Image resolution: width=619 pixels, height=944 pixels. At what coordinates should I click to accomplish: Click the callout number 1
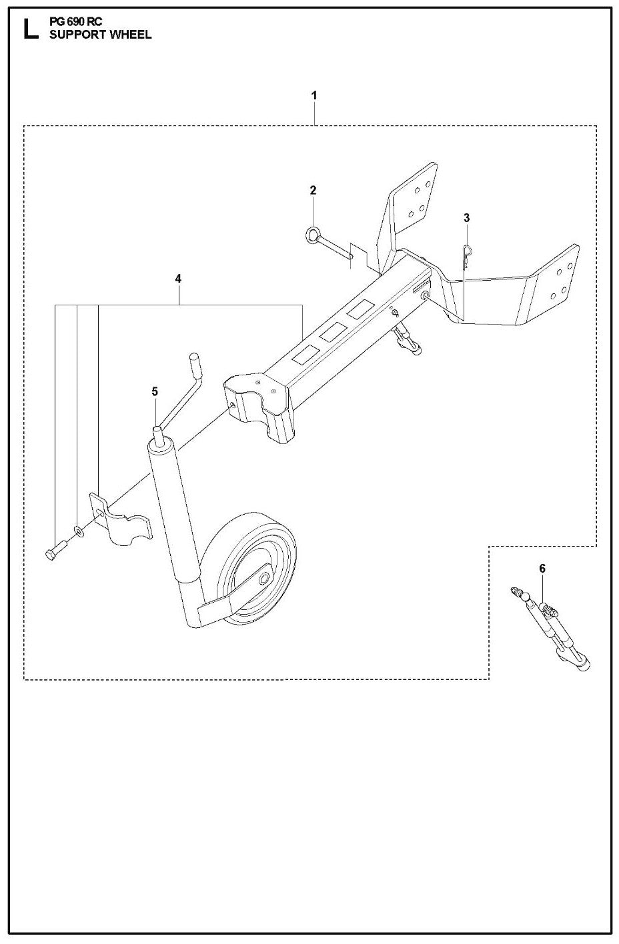(x=314, y=96)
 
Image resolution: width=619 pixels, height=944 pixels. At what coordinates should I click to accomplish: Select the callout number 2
(x=313, y=191)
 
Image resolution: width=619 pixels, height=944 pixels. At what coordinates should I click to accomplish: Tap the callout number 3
(x=467, y=218)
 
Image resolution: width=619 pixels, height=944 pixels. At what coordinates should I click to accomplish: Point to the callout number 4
(x=178, y=279)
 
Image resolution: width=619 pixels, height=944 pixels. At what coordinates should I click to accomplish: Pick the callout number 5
(x=155, y=391)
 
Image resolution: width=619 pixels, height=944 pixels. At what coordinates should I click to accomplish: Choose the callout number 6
(x=542, y=568)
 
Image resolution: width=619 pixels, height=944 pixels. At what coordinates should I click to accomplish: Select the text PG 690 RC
(x=76, y=22)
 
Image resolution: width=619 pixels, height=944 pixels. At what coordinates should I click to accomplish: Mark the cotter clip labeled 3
(x=468, y=256)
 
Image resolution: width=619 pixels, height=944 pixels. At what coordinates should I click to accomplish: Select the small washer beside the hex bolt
(x=79, y=531)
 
